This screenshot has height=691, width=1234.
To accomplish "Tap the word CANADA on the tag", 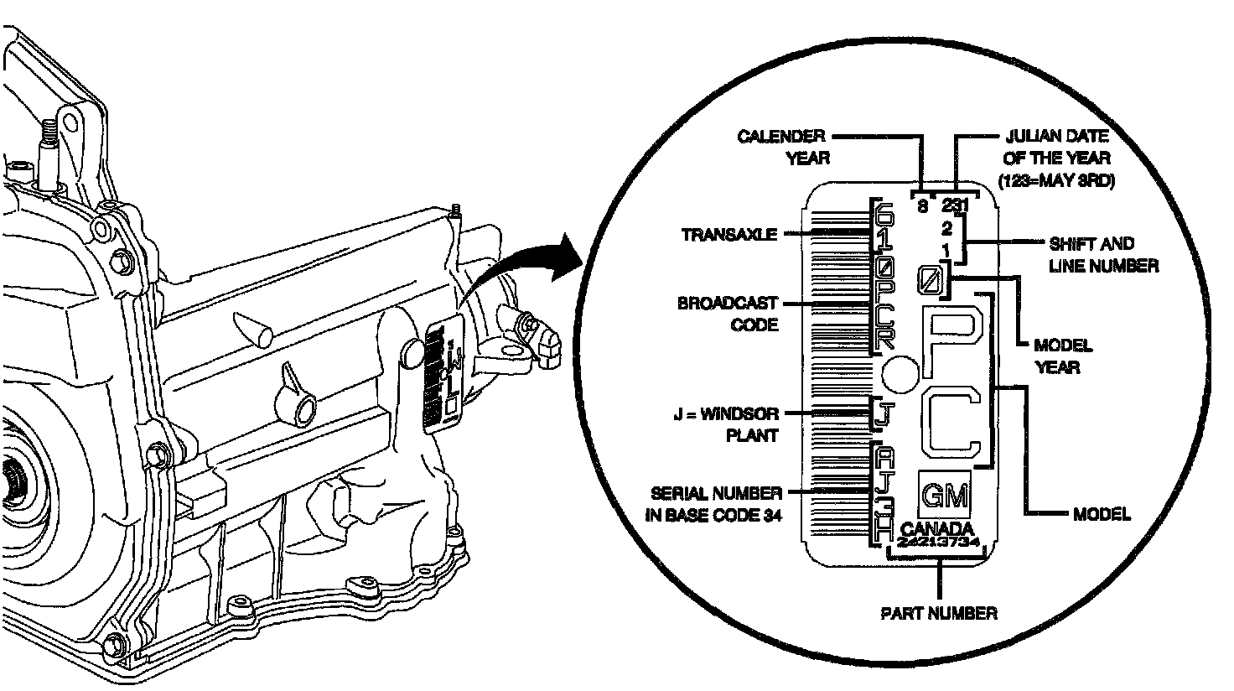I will click(937, 529).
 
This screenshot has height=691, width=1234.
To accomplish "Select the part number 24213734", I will click(937, 543).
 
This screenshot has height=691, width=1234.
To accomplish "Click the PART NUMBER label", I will click(939, 613).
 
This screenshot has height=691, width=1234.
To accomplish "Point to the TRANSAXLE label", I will click(728, 236).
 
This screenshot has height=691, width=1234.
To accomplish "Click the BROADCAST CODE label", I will click(728, 314).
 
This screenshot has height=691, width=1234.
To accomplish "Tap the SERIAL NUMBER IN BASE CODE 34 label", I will click(714, 505).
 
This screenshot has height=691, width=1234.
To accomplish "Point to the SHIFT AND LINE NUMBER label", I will click(1103, 254).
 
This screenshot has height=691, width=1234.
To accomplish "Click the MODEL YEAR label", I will click(1062, 356).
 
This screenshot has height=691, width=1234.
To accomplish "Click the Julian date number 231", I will click(955, 204).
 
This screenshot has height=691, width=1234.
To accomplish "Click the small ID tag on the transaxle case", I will click(442, 378).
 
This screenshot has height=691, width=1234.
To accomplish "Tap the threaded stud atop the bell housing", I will click(49, 134).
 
